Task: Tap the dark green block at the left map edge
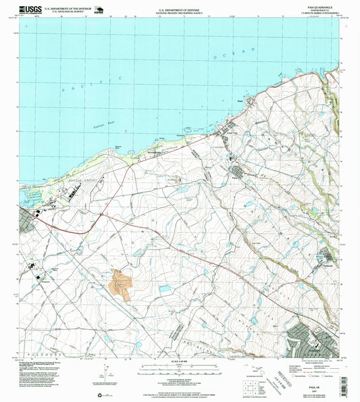(26, 223)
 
